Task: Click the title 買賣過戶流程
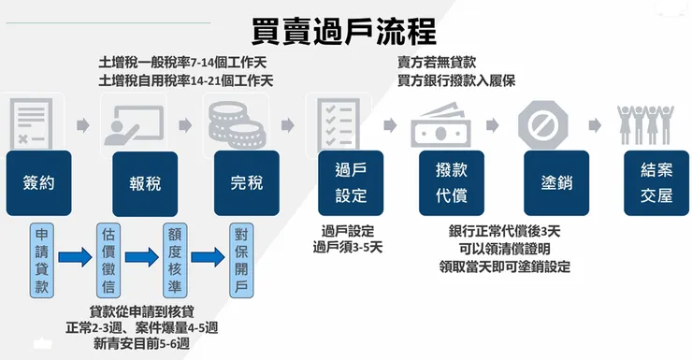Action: pos(345,29)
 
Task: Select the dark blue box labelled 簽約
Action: pos(38,182)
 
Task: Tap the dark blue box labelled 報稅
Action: pos(145,182)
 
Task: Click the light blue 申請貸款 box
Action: pos(43,257)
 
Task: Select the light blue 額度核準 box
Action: pos(174,257)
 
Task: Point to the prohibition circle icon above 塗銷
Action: pos(544,124)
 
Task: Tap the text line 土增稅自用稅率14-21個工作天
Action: pos(186,80)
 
